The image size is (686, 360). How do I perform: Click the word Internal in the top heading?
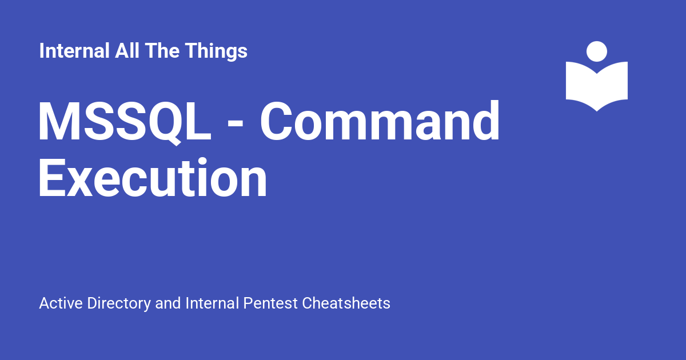tap(74, 51)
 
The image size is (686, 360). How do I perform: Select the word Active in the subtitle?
tap(61, 303)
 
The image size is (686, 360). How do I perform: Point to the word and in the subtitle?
tap(168, 303)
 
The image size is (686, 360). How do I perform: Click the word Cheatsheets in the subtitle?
tap(346, 303)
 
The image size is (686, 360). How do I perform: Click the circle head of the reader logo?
tap(597, 51)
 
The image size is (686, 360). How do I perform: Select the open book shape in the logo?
tap(597, 86)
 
